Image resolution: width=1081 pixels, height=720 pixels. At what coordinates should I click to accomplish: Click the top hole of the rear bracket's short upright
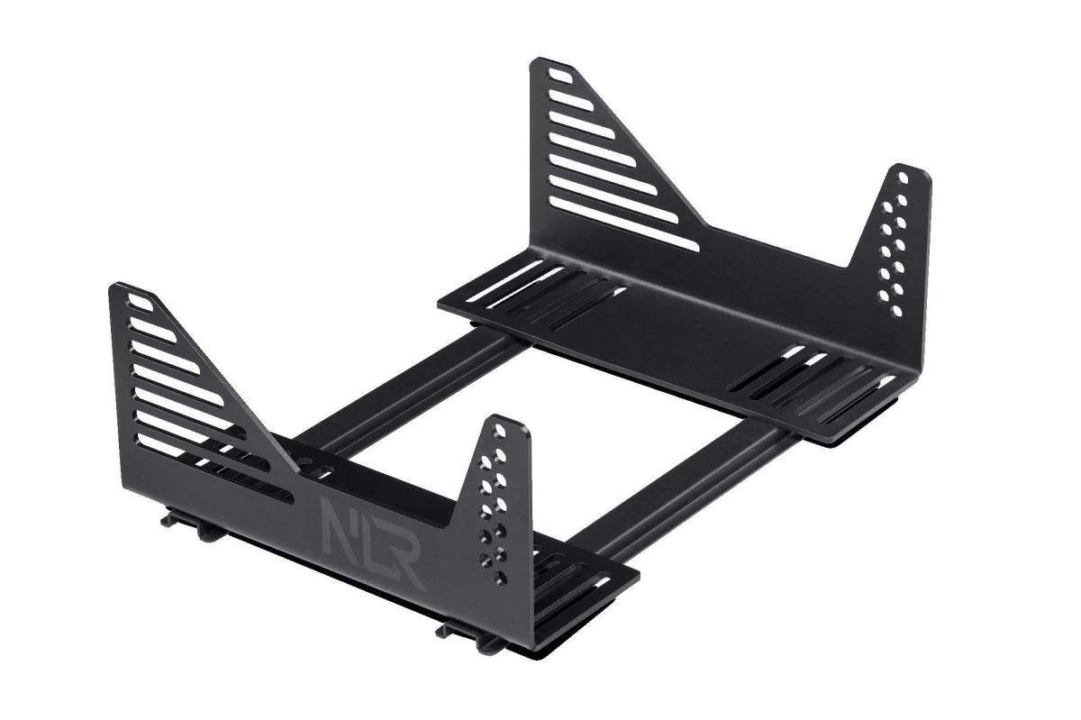902,179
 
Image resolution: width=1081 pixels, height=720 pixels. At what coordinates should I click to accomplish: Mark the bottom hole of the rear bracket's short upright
895,311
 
